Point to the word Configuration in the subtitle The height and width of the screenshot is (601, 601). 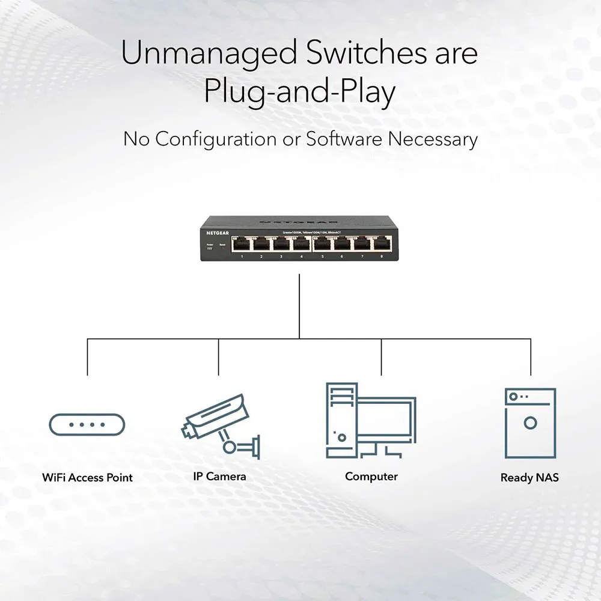click(216, 139)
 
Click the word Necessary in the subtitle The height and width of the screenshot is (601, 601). click(432, 139)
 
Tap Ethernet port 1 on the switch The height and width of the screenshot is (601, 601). click(242, 243)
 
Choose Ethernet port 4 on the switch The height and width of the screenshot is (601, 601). click(300, 243)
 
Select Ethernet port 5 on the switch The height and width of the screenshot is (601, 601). click(322, 243)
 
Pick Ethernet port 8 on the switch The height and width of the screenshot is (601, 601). click(381, 243)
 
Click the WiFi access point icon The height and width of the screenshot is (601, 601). click(87, 424)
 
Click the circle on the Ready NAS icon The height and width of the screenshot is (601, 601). click(529, 423)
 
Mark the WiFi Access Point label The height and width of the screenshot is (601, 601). click(87, 478)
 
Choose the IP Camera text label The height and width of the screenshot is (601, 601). click(219, 477)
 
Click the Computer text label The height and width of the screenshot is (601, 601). click(371, 477)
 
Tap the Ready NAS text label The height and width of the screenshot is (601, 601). click(529, 478)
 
